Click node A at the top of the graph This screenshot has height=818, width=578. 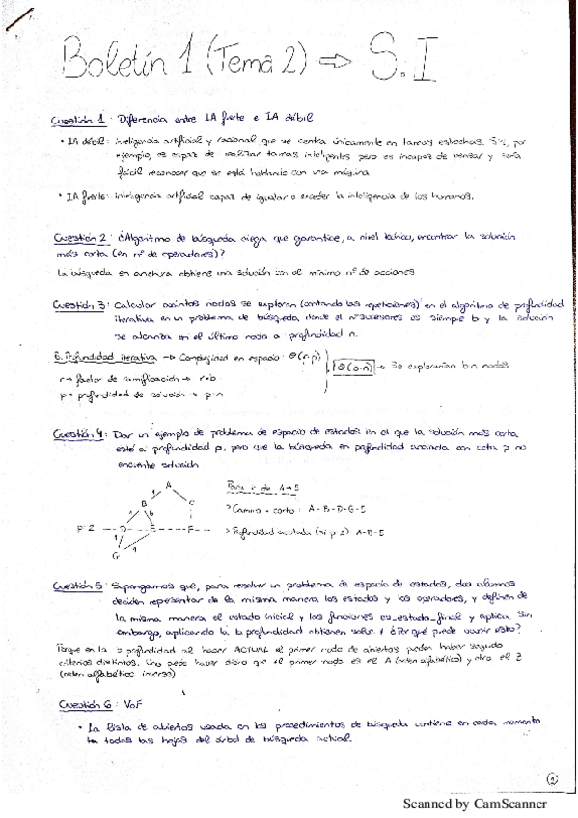click(168, 484)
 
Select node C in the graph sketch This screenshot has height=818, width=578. click(192, 504)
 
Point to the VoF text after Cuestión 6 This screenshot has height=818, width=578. click(134, 705)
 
